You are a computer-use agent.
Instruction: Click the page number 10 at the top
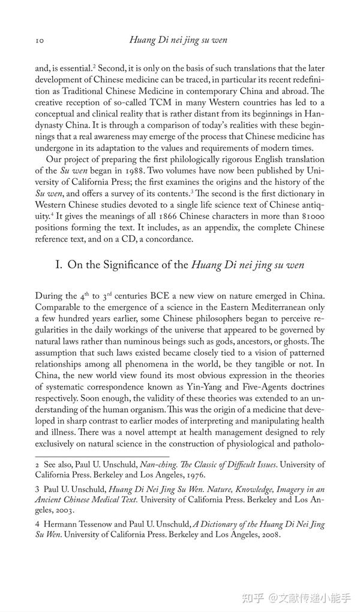point(39,40)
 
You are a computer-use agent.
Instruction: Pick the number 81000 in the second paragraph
point(311,216)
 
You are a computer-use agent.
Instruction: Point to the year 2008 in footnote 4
point(268,535)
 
